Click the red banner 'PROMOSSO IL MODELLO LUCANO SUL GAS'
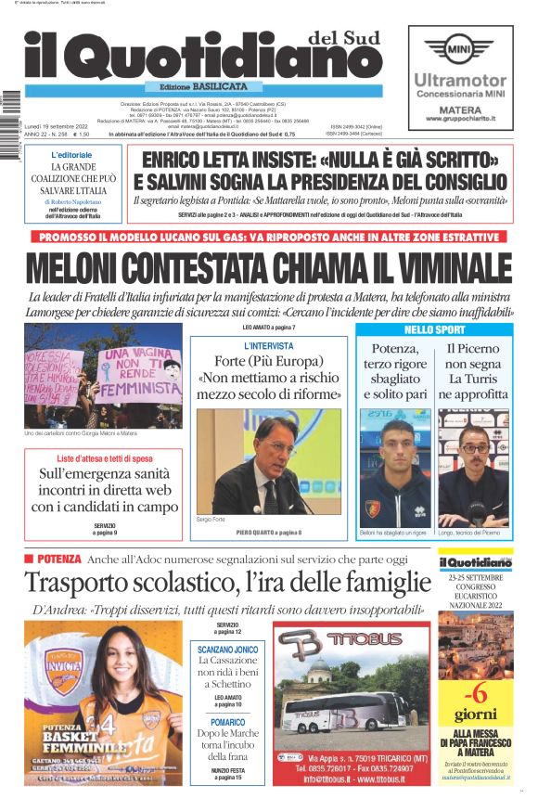(269, 237)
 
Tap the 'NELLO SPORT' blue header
(433, 329)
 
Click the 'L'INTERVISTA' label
(268, 346)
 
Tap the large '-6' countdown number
(475, 693)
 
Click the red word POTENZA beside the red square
(60, 560)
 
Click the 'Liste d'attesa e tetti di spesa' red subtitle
(104, 459)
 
